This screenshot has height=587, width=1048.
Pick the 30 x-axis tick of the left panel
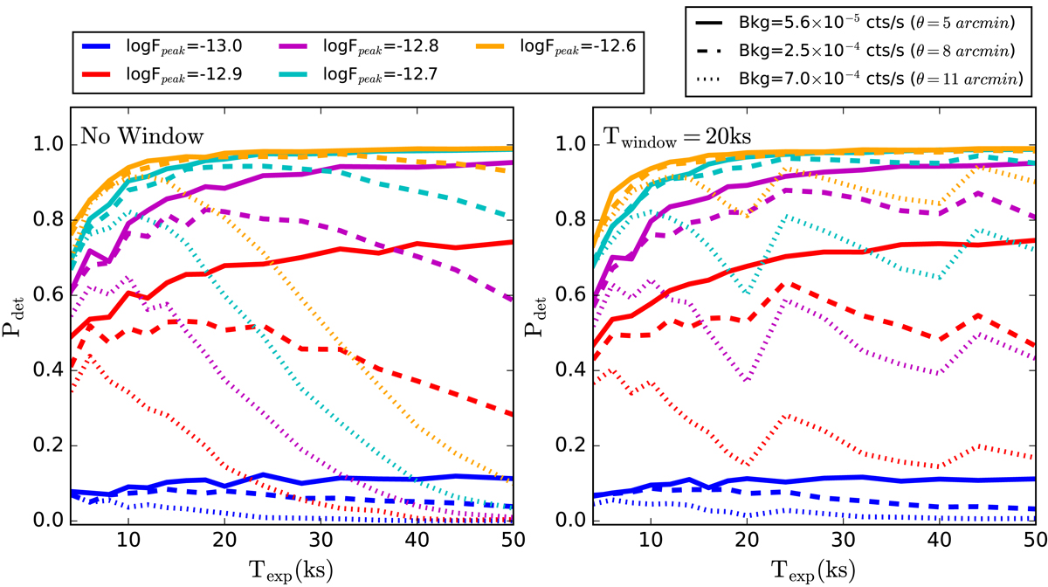pos(321,539)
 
